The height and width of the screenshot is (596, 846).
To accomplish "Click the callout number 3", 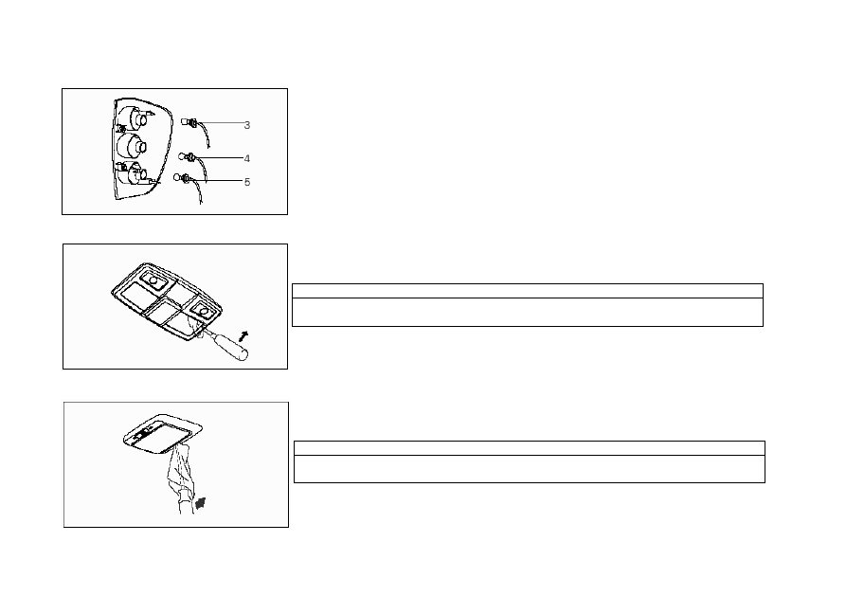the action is coord(247,125).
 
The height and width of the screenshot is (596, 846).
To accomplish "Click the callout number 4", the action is coord(247,159).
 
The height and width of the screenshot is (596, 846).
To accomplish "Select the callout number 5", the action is coord(247,182).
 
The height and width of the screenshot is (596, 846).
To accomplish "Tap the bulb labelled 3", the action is coord(189,122).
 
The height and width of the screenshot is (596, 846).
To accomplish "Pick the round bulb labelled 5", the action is coord(181,177).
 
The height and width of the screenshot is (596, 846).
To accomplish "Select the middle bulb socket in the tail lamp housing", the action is coord(133,146).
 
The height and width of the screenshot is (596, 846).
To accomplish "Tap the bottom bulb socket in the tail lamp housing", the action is coord(135,173).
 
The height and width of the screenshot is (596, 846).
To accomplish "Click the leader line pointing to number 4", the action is coord(220,158).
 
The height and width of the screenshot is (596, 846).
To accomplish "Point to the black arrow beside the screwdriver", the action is coord(243,336).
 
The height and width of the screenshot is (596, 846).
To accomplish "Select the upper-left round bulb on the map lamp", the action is coord(153,280).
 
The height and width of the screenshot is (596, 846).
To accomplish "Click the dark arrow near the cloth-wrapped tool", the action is coord(201,504).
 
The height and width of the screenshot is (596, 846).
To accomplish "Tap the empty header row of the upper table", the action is coord(527,291).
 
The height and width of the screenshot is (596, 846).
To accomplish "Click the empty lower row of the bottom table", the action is coord(530,469).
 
